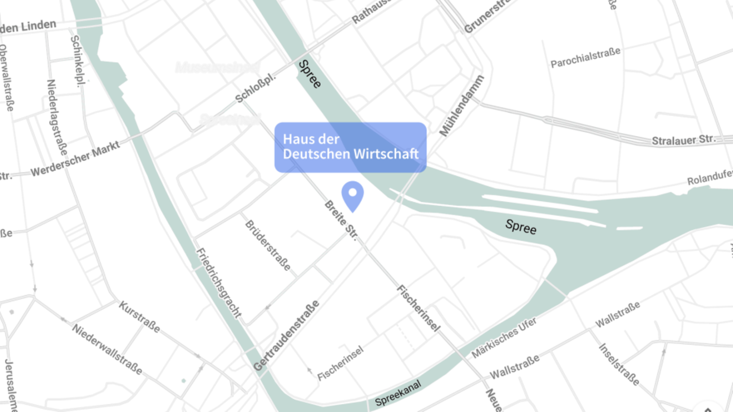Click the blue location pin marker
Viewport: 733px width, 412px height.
pos(352,195)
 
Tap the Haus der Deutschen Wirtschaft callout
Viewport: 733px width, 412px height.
pos(350,147)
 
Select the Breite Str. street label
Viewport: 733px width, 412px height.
pos(341,220)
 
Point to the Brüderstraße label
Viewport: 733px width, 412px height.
pos(268,245)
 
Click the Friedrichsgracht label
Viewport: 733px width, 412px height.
pos(219,283)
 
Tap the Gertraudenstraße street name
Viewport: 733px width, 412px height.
pos(286,335)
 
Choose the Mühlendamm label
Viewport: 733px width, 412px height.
pos(462,106)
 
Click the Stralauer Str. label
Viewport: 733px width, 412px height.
pos(683,140)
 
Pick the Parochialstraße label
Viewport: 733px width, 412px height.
pos(585,58)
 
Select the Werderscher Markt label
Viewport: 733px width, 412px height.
pos(75,159)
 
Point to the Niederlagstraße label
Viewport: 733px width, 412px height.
pos(57,117)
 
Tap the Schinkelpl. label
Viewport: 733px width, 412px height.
pos(77,61)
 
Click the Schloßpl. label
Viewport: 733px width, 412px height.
pos(255,88)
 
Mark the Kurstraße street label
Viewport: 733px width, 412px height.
pos(139,317)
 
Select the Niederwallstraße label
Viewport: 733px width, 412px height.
pos(107,349)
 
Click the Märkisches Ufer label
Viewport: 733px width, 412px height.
pos(504,338)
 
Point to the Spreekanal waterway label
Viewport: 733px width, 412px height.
pos(398,393)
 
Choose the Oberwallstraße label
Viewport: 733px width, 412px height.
pos(6,78)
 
